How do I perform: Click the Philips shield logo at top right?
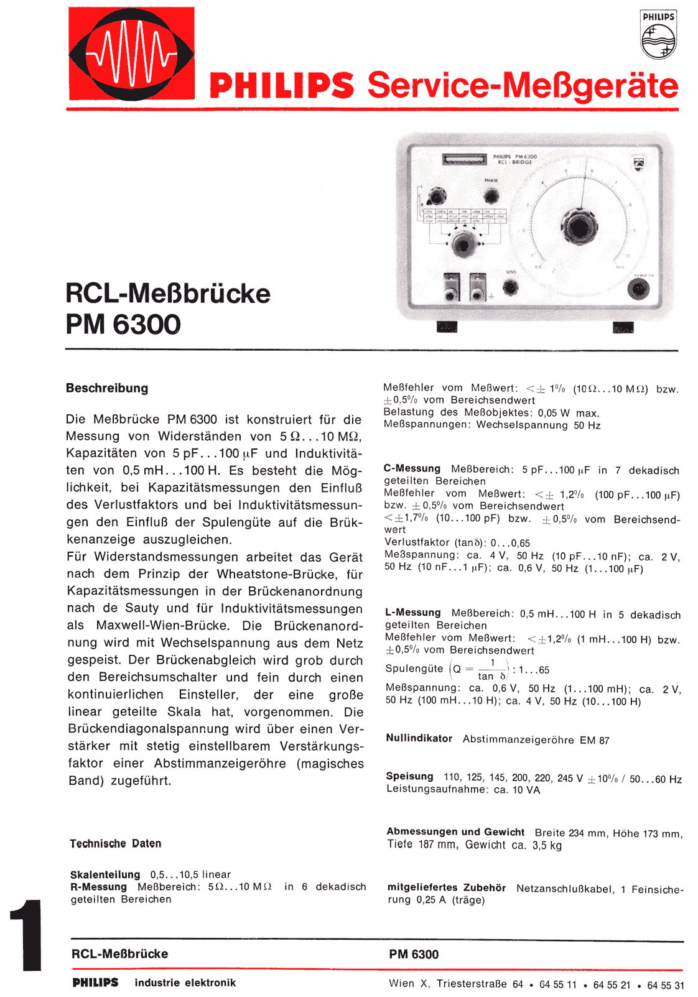pos(658,35)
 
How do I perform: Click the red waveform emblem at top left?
pos(131,53)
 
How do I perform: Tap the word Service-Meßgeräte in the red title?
pos(523,86)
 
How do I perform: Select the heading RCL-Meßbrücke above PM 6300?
pos(168,294)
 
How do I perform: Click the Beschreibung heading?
pos(107,388)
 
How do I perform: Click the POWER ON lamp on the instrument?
pos(638,289)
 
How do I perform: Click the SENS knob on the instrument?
pos(510,287)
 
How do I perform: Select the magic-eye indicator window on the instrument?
pos(463,159)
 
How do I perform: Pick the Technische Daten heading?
pos(116,843)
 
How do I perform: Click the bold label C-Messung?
pos(412,468)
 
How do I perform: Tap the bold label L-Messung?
pos(412,613)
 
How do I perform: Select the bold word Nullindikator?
pos(419,738)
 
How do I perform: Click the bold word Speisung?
pos(409,776)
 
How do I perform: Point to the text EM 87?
pos(594,740)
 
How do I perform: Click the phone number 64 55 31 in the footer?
pos(666,985)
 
